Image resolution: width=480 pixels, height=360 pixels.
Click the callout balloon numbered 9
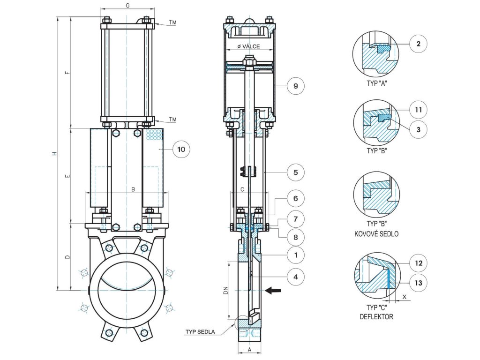tap(295, 86)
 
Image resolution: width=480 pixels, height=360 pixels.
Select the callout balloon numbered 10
tap(181, 149)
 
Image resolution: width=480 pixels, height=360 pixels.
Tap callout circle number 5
tap(295, 172)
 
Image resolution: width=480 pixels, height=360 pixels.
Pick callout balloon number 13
tap(418, 283)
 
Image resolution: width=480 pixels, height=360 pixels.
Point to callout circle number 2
tap(419, 44)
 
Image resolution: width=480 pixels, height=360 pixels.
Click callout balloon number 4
tap(295, 277)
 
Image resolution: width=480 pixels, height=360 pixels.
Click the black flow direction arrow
tap(273, 291)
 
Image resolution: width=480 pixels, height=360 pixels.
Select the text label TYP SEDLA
tap(200, 332)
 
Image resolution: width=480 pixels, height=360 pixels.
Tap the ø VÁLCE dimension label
tap(248, 46)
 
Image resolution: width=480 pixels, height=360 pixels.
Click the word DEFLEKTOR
tap(376, 317)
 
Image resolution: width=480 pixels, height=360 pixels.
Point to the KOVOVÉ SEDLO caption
tap(376, 234)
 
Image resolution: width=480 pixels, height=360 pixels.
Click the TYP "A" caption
tap(377, 83)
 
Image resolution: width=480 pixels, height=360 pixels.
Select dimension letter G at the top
tap(127, 6)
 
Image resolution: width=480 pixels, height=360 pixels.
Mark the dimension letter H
tap(54, 153)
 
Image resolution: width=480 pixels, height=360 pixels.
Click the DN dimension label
tap(225, 290)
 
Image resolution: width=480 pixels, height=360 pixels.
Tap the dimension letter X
tap(405, 297)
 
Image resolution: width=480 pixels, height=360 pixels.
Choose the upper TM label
tap(172, 22)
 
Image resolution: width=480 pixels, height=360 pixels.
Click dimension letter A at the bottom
tap(249, 350)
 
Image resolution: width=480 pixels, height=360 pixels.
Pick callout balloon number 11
tap(418, 110)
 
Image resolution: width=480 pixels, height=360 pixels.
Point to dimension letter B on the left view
tap(133, 189)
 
